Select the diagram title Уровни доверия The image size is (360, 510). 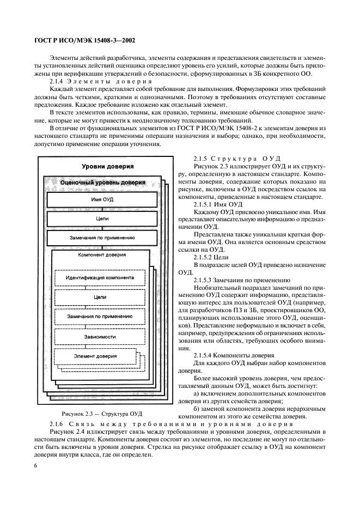tap(108, 166)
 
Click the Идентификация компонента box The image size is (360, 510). tap(100, 277)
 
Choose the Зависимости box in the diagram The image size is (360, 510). tap(100, 337)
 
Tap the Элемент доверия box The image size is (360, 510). tap(95, 356)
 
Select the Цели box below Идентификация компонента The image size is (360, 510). tap(100, 297)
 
